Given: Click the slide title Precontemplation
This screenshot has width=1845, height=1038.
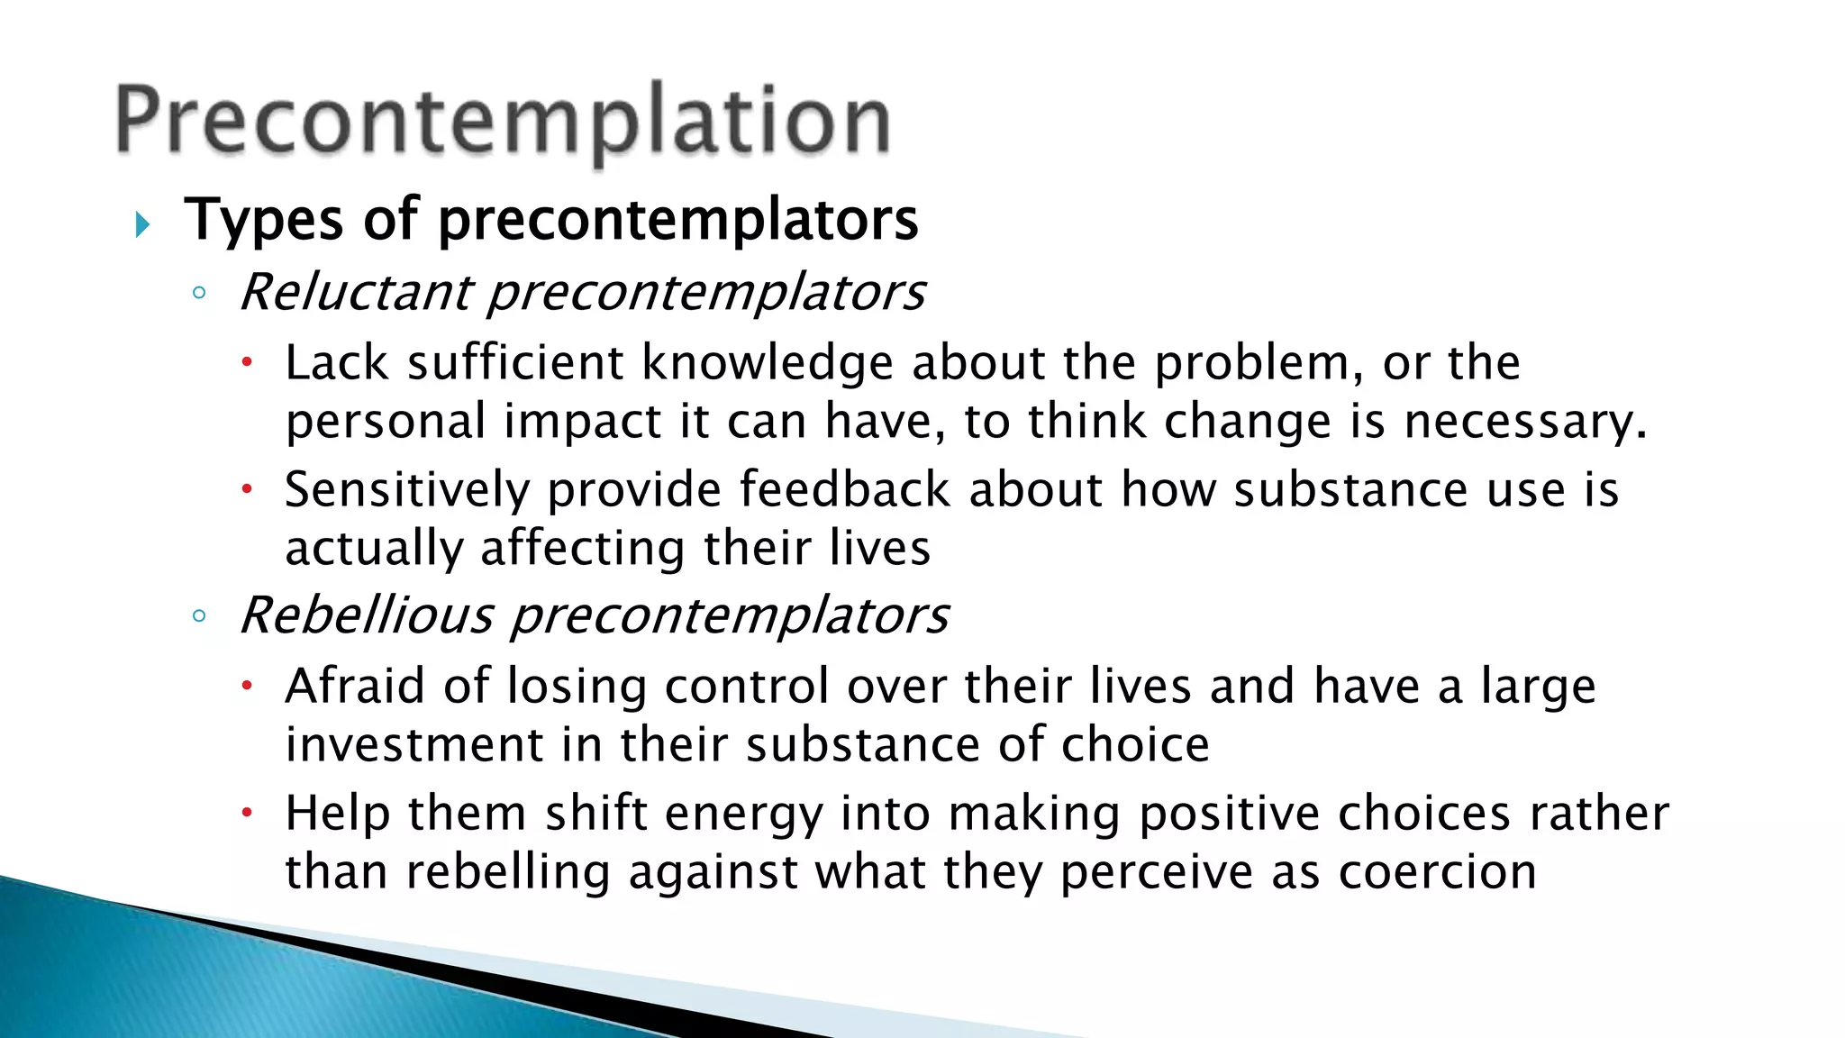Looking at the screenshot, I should [x=503, y=122].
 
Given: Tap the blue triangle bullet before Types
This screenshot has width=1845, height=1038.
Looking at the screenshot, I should [x=142, y=223].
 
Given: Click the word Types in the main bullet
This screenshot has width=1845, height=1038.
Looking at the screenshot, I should [x=263, y=220].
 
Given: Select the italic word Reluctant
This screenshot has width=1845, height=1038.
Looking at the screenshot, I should [x=356, y=292].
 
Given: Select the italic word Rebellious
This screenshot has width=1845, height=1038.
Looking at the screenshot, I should [x=367, y=615].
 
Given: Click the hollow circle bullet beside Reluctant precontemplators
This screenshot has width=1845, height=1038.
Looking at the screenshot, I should [x=199, y=293].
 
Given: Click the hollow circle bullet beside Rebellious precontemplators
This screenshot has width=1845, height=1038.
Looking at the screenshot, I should [x=199, y=616].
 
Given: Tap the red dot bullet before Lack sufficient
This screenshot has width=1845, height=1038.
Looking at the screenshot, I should [x=248, y=363].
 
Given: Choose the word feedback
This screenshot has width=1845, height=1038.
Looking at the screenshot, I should [x=844, y=489].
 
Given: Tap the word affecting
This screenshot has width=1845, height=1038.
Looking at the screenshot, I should [x=583, y=549].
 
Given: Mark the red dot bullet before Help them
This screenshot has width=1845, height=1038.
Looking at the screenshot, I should [x=248, y=814].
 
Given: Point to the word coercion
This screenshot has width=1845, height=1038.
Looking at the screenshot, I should [x=1437, y=872].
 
